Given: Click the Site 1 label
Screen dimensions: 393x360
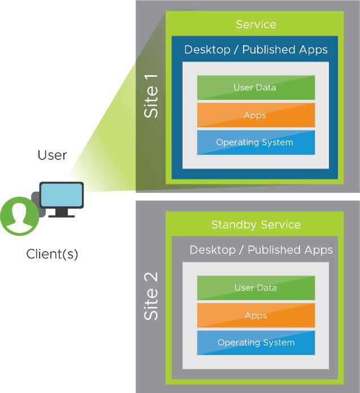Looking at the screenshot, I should [151, 94].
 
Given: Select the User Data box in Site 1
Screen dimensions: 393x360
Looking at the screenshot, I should [255, 88].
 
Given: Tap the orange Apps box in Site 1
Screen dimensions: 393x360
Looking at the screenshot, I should [255, 115].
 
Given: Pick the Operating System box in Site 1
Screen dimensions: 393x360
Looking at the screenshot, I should [255, 142].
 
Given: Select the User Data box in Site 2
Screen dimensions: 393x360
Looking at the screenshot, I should [255, 288].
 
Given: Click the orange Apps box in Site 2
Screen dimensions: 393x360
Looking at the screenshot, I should [255, 316].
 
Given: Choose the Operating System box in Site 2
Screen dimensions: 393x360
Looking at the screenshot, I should [255, 343].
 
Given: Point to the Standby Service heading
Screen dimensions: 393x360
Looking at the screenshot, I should [255, 225].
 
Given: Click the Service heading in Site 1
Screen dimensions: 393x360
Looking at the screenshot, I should [255, 24].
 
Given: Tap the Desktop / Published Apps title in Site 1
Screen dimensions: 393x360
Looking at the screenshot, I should [255, 50].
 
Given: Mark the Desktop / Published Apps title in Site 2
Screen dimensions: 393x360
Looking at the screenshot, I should [261, 250].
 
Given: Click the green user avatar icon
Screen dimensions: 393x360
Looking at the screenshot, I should [20, 216].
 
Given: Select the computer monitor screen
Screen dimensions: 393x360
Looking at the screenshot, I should [62, 195].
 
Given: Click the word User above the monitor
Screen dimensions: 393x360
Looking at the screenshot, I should [53, 155].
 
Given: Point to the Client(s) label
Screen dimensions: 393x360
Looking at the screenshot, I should [52, 254].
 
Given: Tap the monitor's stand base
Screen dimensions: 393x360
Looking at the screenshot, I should [61, 215].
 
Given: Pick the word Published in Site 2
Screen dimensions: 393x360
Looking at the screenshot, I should [274, 250].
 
